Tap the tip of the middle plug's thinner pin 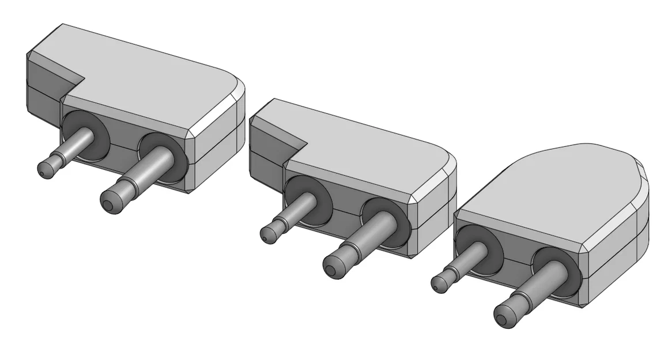(267, 233)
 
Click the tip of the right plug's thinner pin (439, 283)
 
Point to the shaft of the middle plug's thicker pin (369, 236)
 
